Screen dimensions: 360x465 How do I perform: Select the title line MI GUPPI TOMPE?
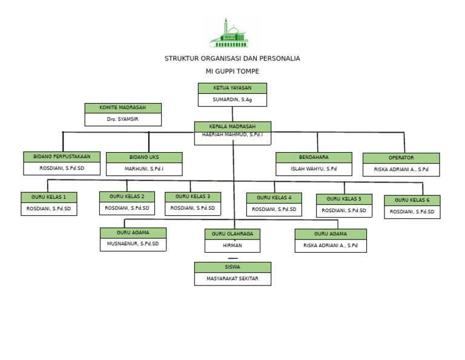pyautogui.click(x=232, y=72)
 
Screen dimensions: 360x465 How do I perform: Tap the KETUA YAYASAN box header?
pyautogui.click(x=232, y=88)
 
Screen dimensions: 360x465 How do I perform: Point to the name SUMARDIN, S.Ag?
pyautogui.click(x=232, y=99)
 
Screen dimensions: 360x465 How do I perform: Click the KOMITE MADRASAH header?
pyautogui.click(x=123, y=108)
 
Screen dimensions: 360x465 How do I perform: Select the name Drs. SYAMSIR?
pyautogui.click(x=123, y=119)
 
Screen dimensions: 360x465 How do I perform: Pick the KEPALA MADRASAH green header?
pyautogui.click(x=232, y=126)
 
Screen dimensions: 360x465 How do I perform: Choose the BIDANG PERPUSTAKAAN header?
pyautogui.click(x=62, y=156)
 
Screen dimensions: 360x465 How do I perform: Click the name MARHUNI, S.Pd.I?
pyautogui.click(x=144, y=169)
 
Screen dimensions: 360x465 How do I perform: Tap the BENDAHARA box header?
pyautogui.click(x=314, y=157)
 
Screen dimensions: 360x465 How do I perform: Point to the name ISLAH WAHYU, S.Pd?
pyautogui.click(x=314, y=169)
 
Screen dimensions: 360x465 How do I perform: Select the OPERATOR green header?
pyautogui.click(x=401, y=158)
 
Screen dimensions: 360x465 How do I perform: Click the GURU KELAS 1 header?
pyautogui.click(x=49, y=197)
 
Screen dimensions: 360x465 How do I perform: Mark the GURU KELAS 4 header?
pyautogui.click(x=274, y=198)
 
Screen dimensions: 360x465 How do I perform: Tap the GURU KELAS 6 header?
pyautogui.click(x=412, y=200)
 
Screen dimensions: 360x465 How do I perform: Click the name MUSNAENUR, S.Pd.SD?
pyautogui.click(x=133, y=244)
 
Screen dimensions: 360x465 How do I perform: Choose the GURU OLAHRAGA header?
pyautogui.click(x=232, y=234)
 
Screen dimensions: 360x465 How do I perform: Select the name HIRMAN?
pyautogui.click(x=232, y=245)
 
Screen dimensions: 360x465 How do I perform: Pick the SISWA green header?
pyautogui.click(x=232, y=267)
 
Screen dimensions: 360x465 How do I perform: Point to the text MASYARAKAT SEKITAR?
pyautogui.click(x=232, y=279)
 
